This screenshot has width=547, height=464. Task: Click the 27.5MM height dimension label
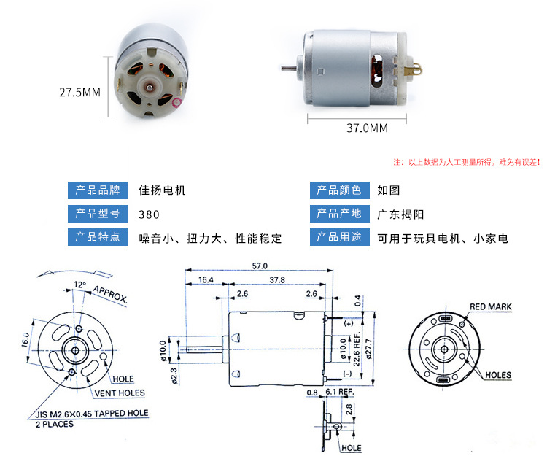click(79, 93)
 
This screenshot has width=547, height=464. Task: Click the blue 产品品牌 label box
click(98, 190)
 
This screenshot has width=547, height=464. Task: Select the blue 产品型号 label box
click(98, 214)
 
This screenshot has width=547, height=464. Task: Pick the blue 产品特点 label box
click(98, 238)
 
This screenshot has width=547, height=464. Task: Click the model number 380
click(149, 214)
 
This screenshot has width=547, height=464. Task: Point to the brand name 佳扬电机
click(162, 190)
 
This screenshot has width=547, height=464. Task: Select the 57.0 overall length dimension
click(260, 266)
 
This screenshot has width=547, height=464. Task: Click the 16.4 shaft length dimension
click(205, 280)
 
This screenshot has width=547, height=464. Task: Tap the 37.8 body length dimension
click(276, 280)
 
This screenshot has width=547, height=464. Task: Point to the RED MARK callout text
click(490, 307)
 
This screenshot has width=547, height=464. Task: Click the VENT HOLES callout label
click(120, 393)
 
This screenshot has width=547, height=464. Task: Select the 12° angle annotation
click(79, 284)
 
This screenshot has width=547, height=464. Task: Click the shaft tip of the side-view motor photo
click(283, 68)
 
